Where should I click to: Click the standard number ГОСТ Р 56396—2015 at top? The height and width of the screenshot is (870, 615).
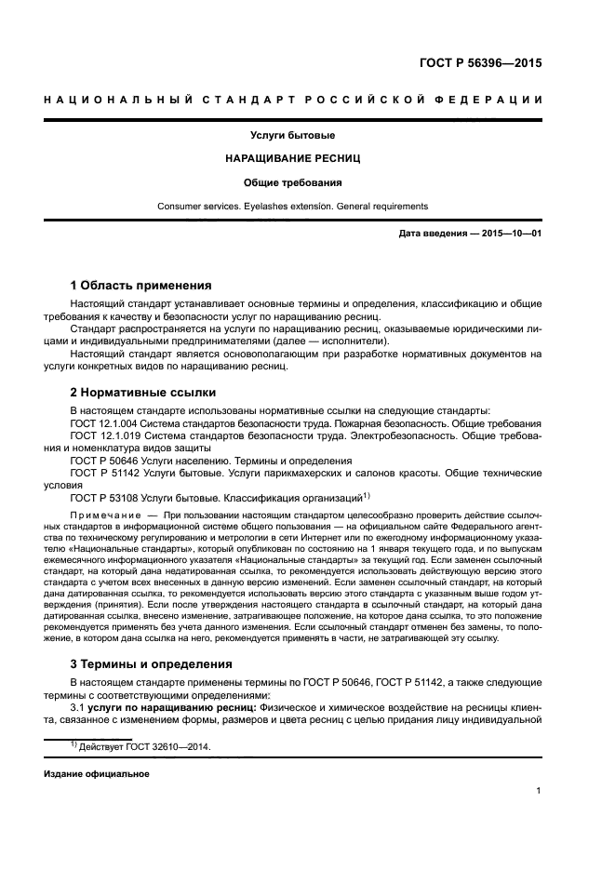point(478,64)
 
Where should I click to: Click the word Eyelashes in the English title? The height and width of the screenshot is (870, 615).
point(265,206)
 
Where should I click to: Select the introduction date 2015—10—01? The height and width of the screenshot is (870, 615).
point(509,234)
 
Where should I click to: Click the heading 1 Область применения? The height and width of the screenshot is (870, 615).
point(140,286)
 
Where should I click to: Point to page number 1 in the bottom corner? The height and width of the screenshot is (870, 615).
point(539,791)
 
